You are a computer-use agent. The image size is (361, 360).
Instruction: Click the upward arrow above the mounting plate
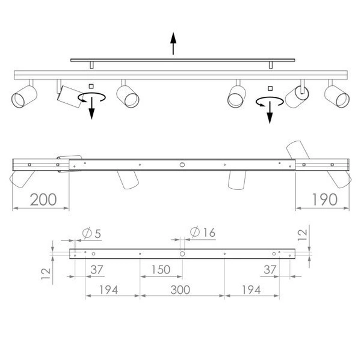pos(173,43)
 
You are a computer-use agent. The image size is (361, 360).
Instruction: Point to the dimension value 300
pos(180,290)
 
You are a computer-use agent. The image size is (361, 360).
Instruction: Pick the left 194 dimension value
pos(106,290)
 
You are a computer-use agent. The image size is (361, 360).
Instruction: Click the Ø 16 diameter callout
pos(202,233)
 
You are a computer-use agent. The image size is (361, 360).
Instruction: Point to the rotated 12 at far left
pos(45,273)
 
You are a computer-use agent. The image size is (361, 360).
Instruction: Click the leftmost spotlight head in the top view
pos(23,96)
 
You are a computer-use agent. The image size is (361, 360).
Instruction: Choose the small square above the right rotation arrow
pos(269,88)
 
